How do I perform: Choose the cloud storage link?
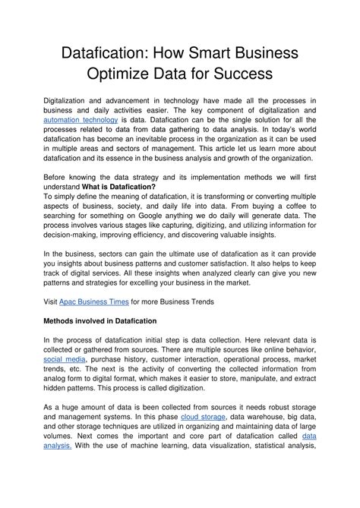pos(204,417)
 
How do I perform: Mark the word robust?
pos(272,407)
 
